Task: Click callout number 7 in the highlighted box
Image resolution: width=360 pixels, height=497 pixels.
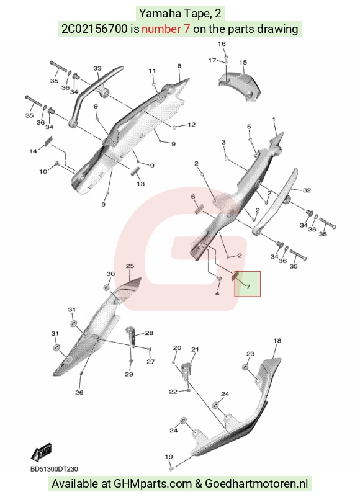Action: (x=248, y=287)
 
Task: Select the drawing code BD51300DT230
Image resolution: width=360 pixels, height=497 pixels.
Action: (x=54, y=469)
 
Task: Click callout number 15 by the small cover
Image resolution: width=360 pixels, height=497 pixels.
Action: (x=243, y=63)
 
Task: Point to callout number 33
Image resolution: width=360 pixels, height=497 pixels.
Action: (x=97, y=68)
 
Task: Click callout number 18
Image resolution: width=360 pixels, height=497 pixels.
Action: (x=277, y=341)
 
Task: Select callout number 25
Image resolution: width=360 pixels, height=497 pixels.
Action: (x=130, y=266)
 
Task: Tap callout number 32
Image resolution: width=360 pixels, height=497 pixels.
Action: (x=307, y=190)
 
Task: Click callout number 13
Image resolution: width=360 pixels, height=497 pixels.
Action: (x=140, y=184)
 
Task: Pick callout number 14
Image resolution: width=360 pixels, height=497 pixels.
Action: (x=33, y=151)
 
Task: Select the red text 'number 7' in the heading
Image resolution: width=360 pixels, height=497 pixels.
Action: (x=166, y=29)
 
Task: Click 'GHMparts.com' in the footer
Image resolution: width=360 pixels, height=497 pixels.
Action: (x=153, y=484)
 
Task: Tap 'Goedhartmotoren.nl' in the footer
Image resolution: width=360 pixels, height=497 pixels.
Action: (x=256, y=484)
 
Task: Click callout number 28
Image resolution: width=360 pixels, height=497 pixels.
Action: (x=149, y=333)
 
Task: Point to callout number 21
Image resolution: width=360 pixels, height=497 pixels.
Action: (x=195, y=349)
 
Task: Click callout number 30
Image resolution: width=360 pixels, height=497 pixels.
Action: (x=110, y=274)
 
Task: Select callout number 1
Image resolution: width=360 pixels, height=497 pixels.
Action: (x=274, y=120)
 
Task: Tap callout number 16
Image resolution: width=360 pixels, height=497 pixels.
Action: (x=222, y=43)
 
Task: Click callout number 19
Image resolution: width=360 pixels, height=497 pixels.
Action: (x=169, y=457)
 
